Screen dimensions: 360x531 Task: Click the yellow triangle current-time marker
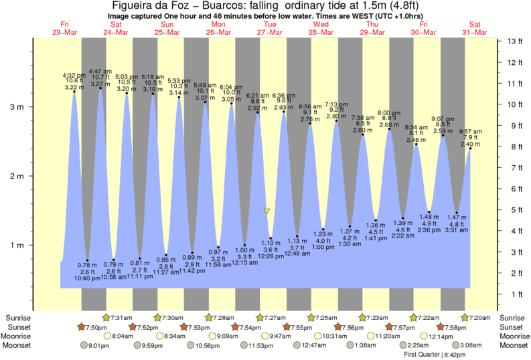[x=267, y=211]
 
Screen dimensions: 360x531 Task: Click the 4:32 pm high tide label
[x=73, y=75]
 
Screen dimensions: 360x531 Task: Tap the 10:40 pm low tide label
[x=88, y=278]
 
